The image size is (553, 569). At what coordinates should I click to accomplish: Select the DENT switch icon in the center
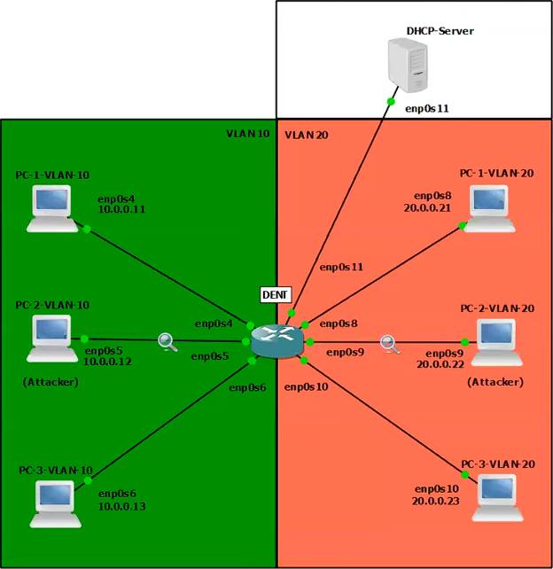point(276,340)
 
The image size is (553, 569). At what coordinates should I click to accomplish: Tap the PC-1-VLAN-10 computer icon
point(51,209)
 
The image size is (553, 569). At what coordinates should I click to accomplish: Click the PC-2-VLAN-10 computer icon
point(51,339)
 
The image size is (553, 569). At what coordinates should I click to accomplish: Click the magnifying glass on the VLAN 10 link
point(167,341)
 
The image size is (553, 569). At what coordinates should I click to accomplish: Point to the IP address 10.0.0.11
point(121,209)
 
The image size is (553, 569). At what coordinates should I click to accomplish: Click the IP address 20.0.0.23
point(435,501)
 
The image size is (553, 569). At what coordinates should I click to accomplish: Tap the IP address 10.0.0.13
point(121,506)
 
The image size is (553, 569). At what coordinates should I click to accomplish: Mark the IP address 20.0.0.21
point(428,207)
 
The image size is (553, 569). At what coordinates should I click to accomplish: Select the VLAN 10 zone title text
point(247,134)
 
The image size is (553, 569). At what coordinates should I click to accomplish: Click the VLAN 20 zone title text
point(307,135)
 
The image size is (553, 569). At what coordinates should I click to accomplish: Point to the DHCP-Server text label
point(440,31)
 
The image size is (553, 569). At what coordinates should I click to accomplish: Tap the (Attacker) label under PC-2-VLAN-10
point(51,382)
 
